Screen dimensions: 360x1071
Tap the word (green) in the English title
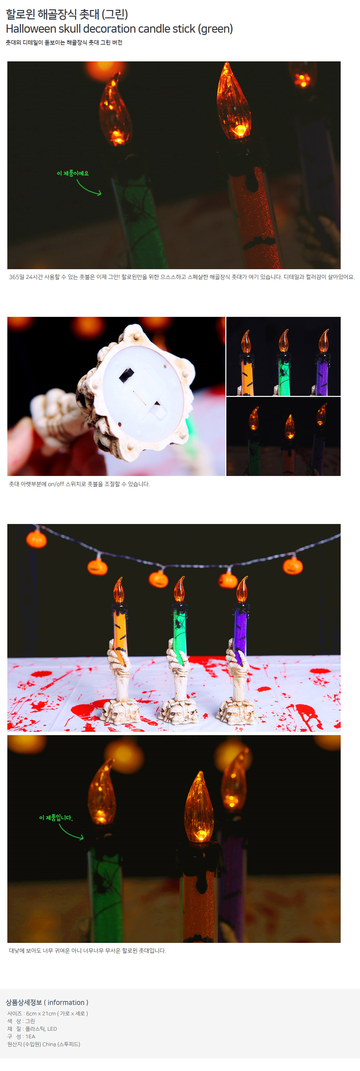coord(215,29)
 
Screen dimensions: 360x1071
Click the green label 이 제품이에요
coord(73,173)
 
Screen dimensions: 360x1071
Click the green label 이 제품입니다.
coord(56,818)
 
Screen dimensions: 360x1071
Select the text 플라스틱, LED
coord(41,1029)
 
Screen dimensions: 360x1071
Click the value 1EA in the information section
coord(30,1037)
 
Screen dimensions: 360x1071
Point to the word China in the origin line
coord(49,1044)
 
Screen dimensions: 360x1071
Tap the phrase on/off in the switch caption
coord(56,484)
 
